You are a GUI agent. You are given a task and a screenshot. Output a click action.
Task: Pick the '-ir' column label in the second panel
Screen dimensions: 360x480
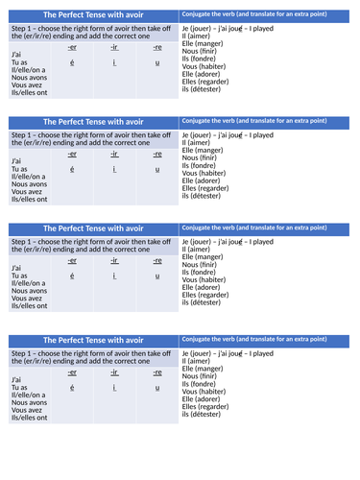point(114,153)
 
